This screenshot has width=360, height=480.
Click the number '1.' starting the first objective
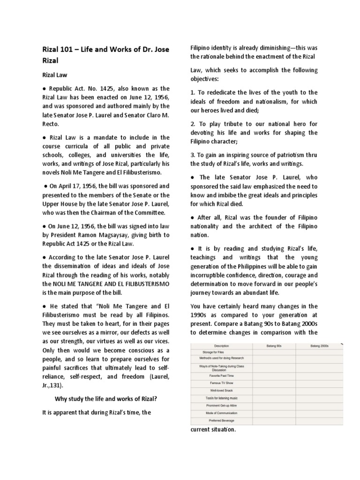coord(193,92)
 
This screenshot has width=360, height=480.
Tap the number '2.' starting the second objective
coord(193,124)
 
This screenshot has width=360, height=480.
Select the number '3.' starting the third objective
coord(193,155)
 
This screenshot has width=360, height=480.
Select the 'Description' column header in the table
coord(222,345)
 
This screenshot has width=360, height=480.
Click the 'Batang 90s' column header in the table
coord(274,345)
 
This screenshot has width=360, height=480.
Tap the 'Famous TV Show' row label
coord(222,382)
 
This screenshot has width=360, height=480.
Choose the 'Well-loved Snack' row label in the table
coord(222,390)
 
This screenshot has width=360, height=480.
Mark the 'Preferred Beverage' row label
coord(222,420)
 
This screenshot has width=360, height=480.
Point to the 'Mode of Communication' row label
coord(222,413)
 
